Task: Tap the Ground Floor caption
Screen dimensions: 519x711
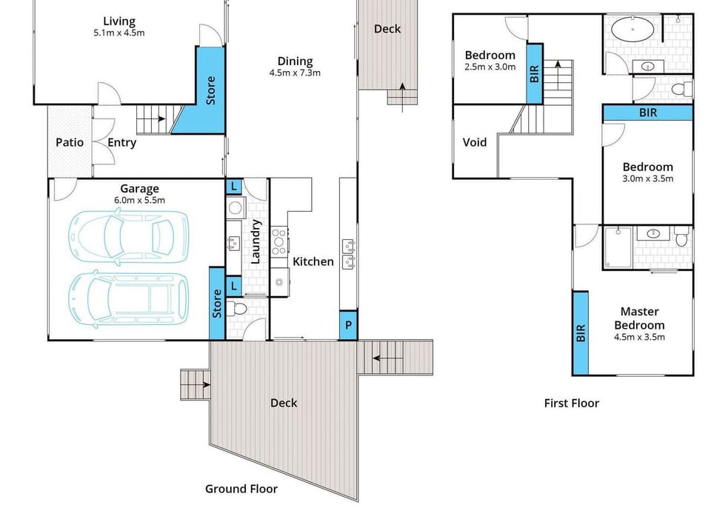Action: tap(241, 489)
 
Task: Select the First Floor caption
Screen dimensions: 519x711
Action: tap(571, 403)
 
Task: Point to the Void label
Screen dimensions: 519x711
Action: tap(475, 142)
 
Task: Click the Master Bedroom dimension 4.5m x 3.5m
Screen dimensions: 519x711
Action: tap(639, 337)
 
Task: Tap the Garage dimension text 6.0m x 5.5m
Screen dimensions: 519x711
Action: tap(140, 200)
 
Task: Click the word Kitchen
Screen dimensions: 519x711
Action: tap(313, 261)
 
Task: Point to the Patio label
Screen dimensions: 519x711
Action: tap(70, 142)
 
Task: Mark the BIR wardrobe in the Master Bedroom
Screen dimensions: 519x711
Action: tap(580, 333)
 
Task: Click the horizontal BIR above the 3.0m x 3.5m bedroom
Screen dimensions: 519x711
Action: tap(647, 113)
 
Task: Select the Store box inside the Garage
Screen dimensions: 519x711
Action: tap(217, 304)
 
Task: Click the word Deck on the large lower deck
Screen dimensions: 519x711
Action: tap(284, 403)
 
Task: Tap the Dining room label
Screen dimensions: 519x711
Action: tap(295, 61)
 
